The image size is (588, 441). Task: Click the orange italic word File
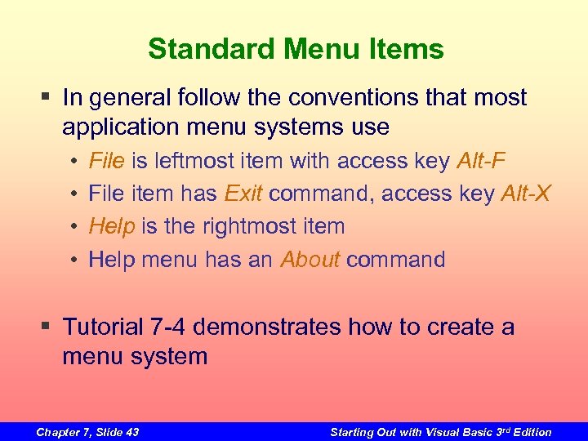click(x=106, y=161)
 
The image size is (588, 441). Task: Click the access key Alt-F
click(x=484, y=161)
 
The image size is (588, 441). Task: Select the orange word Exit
click(x=243, y=194)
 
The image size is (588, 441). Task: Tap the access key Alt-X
click(x=526, y=194)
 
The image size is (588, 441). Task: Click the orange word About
click(x=310, y=260)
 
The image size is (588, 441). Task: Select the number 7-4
click(x=168, y=327)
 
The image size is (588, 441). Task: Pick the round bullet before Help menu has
click(x=73, y=260)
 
